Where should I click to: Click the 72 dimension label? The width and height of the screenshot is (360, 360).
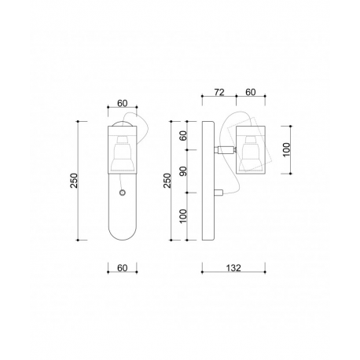(x=219, y=92)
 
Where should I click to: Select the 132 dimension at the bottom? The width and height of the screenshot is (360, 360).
(x=233, y=268)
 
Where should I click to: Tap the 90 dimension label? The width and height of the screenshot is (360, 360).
(x=183, y=171)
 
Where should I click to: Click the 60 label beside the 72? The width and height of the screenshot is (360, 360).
(x=251, y=92)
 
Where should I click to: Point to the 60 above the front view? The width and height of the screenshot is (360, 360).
(x=122, y=104)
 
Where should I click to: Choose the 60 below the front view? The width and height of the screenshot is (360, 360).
(x=122, y=268)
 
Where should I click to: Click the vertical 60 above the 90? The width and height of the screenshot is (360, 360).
(x=183, y=135)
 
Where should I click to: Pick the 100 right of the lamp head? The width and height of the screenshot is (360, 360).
(x=287, y=149)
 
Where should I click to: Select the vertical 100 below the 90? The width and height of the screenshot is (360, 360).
(x=183, y=216)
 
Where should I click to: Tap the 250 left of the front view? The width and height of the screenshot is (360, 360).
(x=75, y=181)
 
